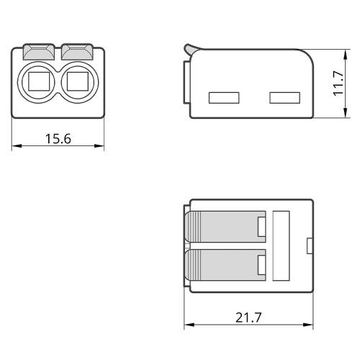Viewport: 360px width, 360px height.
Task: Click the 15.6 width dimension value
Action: pos(58,139)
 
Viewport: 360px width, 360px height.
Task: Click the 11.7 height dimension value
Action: pos(338,84)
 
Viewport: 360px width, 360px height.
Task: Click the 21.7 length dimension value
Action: pos(248,318)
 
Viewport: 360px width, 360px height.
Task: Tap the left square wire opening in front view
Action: pos(39,81)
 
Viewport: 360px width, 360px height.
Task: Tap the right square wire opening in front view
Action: pos(78,81)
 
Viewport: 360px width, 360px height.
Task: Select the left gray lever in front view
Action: pos(39,52)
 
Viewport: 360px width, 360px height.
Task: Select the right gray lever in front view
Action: pos(77,52)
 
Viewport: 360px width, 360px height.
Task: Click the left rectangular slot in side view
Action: pos(224,98)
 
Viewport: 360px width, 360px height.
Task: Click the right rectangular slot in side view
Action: pos(284,98)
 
